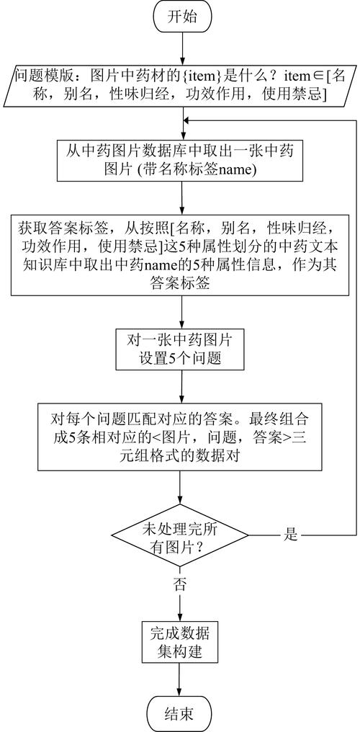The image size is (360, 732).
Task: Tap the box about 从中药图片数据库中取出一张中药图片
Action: click(180, 162)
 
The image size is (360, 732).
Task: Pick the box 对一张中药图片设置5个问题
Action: click(180, 348)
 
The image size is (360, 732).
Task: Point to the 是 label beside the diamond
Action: click(292, 535)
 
